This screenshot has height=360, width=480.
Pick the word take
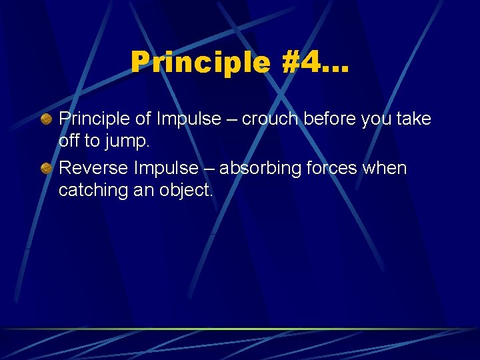tap(415, 119)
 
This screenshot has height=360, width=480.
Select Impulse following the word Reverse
tap(167, 168)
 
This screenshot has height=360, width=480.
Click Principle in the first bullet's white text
tap(94, 119)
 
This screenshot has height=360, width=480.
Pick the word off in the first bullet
tap(69, 141)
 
